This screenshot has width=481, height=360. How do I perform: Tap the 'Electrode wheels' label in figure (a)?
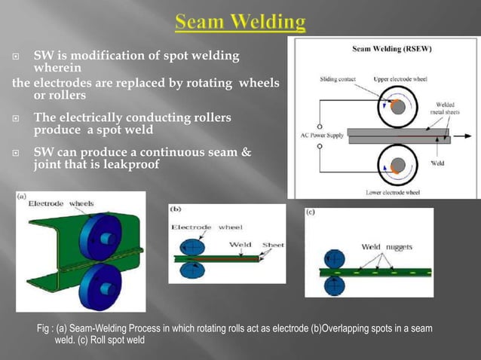tap(60, 203)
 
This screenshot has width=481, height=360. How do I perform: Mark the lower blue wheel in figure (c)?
tap(331, 285)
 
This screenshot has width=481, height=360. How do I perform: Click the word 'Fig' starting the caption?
tap(44, 330)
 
